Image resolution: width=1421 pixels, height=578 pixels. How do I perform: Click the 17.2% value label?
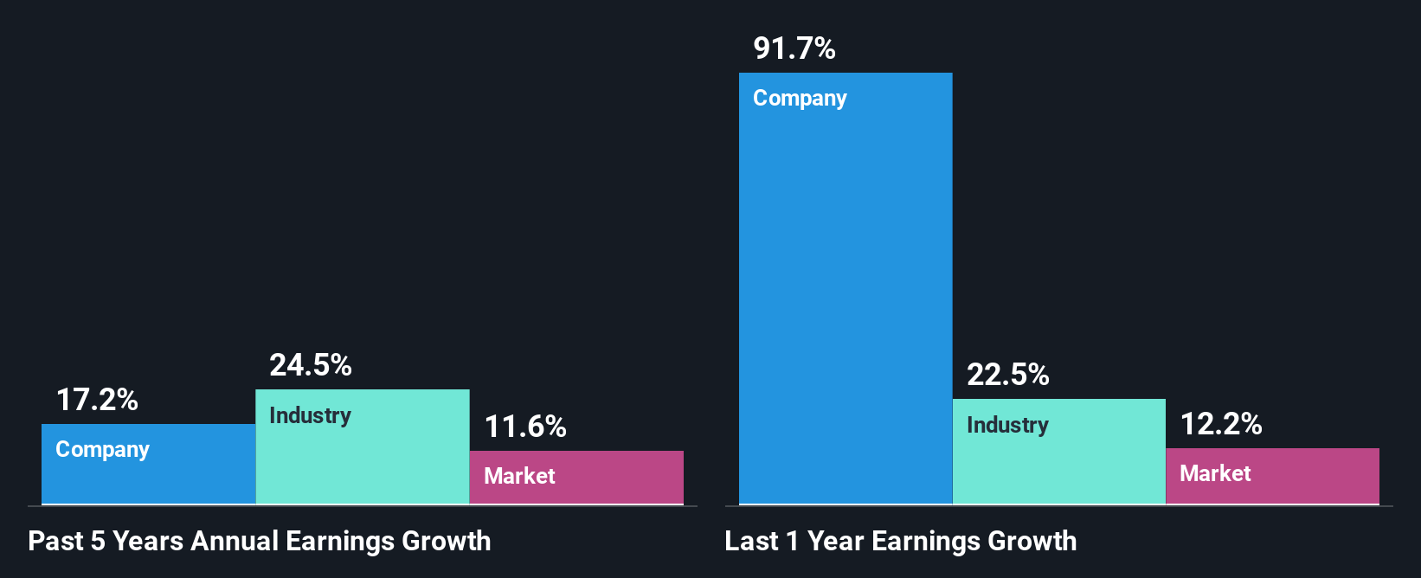pos(97,400)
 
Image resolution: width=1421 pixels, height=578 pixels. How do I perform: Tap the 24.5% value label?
pos(311,365)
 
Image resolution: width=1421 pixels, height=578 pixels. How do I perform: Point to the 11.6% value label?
pos(525,427)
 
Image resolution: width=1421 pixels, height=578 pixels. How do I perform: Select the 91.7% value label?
pos(794,48)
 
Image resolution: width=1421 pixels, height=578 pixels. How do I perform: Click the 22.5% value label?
pos(1008,375)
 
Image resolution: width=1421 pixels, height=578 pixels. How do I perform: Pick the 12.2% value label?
pos(1221,424)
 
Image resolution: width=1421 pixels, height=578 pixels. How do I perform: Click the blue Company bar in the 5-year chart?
pos(148,476)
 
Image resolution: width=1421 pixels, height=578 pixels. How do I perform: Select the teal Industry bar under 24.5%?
pos(363,459)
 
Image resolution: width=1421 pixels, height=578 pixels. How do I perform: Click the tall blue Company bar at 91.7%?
pos(846,303)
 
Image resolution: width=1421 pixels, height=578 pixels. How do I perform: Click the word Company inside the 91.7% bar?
pos(800,99)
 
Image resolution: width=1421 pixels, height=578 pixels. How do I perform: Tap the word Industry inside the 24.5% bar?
pos(310,416)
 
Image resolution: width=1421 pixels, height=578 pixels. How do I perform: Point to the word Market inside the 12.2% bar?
pos(1215,473)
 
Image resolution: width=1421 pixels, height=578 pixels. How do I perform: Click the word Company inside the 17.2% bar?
pos(102,450)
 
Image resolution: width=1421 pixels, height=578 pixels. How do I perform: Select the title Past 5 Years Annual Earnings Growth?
pos(260,541)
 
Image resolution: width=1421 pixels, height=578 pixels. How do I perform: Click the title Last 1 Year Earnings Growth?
pos(901,541)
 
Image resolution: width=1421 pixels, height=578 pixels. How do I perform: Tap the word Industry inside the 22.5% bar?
pos(1007,426)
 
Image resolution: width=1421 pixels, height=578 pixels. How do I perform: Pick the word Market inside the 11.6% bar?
pos(519,476)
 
